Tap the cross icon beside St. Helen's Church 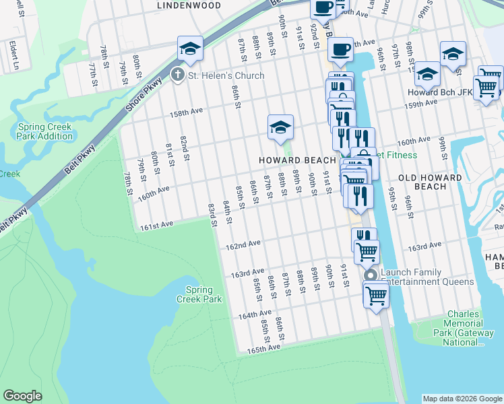pyautogui.click(x=178, y=75)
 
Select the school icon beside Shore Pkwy pyautogui.click(x=191, y=48)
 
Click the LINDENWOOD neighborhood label pyautogui.click(x=189, y=5)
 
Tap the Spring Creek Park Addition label pyautogui.click(x=45, y=131)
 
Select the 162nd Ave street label pyautogui.click(x=243, y=245)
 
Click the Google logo pyautogui.click(x=22, y=396)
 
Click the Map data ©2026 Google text pyautogui.click(x=462, y=399)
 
